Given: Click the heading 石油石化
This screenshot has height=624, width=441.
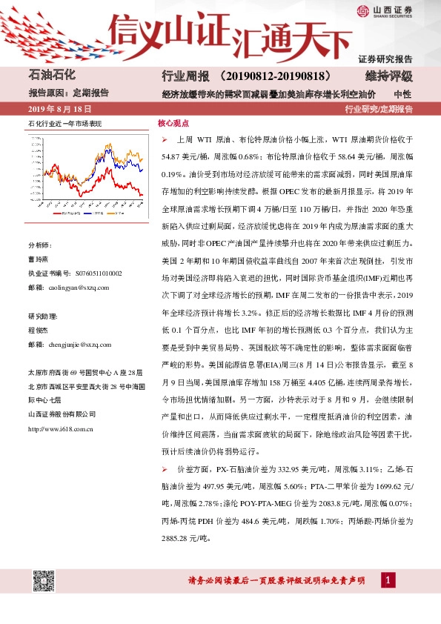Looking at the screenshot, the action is (52, 76).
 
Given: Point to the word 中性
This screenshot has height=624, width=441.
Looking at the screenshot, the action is (402, 94).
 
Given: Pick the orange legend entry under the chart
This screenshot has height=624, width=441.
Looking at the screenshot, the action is (119, 212).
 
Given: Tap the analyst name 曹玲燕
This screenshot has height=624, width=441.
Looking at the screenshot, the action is (38, 259).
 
